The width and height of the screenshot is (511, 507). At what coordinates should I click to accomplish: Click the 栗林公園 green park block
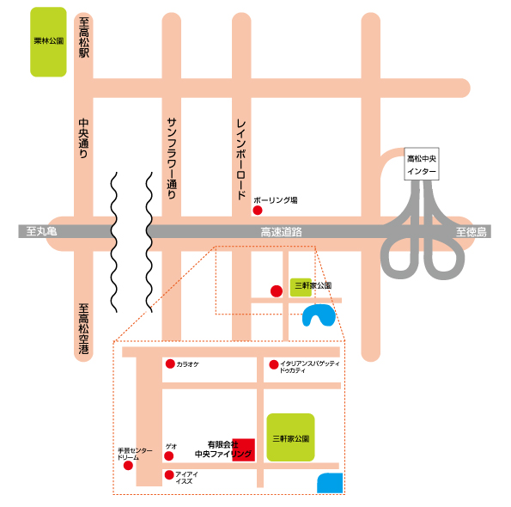tap(48, 42)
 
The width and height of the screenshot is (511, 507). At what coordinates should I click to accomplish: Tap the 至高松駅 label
tap(84, 38)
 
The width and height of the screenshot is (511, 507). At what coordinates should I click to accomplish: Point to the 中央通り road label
tap(84, 138)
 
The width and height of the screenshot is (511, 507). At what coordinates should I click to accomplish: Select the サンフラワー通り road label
tap(172, 158)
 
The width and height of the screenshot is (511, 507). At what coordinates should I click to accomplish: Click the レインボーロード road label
tap(241, 160)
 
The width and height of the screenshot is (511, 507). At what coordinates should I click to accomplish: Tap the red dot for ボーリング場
tap(258, 211)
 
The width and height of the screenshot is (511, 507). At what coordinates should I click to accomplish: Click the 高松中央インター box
tap(422, 164)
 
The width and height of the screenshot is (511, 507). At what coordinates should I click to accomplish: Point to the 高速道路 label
tap(281, 232)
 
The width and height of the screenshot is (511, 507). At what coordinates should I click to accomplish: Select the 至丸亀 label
tap(41, 231)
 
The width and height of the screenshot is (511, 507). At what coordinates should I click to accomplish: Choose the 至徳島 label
tap(471, 232)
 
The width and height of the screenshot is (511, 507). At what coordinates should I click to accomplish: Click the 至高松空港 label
tap(84, 328)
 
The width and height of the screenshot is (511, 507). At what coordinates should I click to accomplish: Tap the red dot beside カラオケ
tap(170, 363)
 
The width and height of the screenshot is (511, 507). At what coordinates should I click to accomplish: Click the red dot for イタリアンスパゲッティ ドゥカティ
tap(274, 364)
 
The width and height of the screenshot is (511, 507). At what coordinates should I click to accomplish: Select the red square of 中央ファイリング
tap(243, 450)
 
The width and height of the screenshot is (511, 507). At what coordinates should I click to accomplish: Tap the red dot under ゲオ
tap(169, 455)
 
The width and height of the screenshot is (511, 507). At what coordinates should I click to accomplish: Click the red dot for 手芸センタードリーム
tap(129, 465)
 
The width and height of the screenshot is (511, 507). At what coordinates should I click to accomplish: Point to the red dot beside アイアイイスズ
tap(169, 475)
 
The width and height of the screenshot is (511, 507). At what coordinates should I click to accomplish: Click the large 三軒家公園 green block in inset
tap(290, 437)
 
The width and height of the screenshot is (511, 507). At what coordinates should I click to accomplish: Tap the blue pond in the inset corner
tap(330, 483)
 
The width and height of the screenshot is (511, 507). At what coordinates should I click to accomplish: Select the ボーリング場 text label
tap(276, 200)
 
